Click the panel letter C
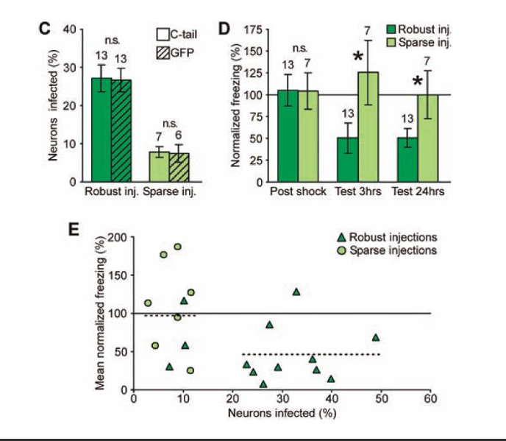[44, 29]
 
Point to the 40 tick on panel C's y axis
[71, 29]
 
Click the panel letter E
[73, 230]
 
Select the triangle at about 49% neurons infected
[376, 337]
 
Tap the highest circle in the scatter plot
[177, 247]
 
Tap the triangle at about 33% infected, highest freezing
[296, 292]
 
